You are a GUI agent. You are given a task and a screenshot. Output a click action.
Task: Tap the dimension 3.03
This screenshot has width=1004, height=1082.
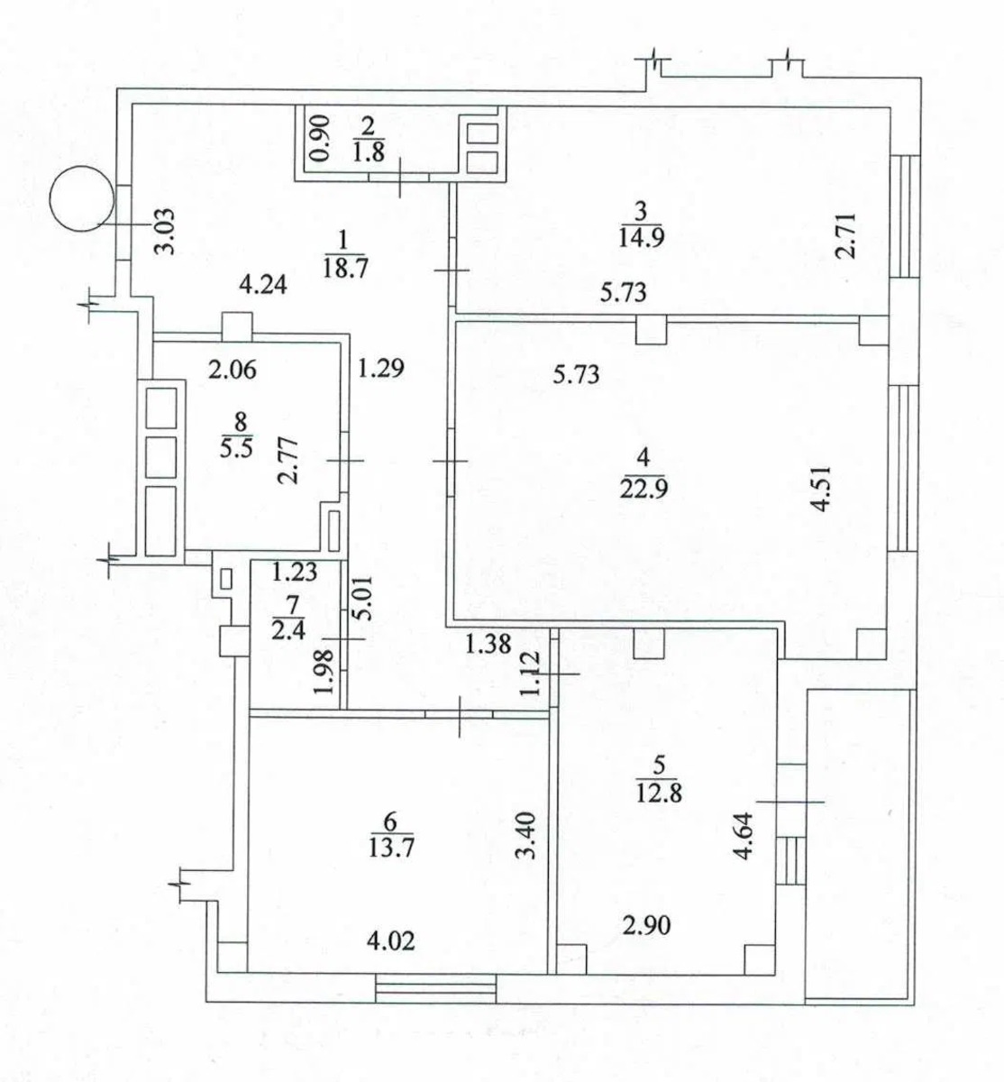click(164, 234)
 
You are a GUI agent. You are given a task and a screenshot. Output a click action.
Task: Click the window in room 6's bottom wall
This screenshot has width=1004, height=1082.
click(435, 988)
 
